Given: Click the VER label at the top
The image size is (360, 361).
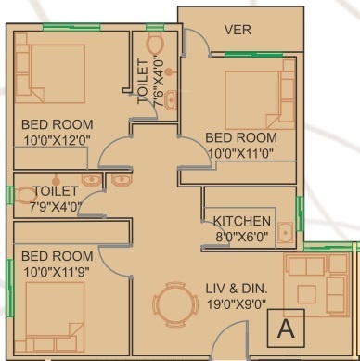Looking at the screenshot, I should (x=238, y=31).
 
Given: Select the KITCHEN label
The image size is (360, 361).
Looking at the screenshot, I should (x=242, y=221).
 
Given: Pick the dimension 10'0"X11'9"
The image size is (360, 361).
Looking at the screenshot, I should (x=57, y=271).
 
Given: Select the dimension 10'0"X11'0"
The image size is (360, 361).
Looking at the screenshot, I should (x=241, y=153).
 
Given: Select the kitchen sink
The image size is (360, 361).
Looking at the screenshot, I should (x=287, y=234).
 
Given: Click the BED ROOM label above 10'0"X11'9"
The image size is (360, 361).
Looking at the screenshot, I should (x=57, y=256).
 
